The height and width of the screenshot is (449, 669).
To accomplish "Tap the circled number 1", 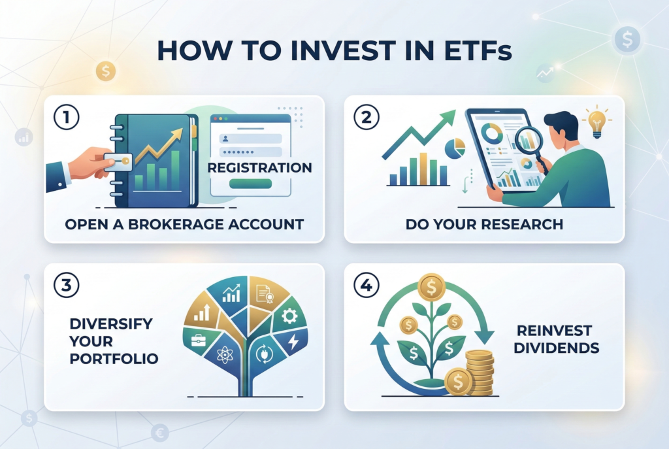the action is [x=67, y=117].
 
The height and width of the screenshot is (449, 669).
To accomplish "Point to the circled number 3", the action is [x=67, y=285].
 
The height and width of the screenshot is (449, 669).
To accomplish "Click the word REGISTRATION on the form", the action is [x=260, y=167].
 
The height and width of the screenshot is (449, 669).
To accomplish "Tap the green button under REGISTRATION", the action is [x=250, y=184].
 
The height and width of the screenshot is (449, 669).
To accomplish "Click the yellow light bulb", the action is [x=597, y=124].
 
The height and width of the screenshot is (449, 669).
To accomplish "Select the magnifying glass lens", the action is [x=529, y=140].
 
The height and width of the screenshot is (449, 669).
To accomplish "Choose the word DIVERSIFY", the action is [x=111, y=324].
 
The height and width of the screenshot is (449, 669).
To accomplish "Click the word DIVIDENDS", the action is [x=557, y=348].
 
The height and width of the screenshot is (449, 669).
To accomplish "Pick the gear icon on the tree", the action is [x=289, y=316].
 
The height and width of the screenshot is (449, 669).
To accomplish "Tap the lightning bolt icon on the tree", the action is [x=293, y=341].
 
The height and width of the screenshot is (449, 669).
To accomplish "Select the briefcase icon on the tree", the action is [x=199, y=340].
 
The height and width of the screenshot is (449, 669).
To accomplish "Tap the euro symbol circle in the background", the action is [x=160, y=433].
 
